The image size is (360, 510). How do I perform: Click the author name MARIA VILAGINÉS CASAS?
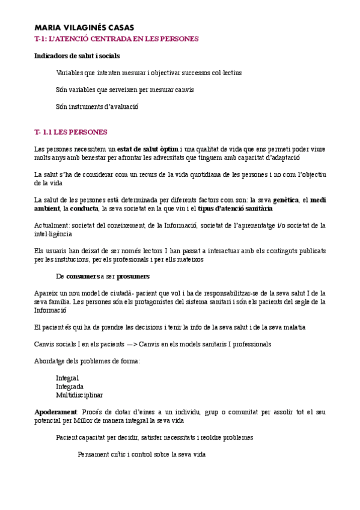(x=84, y=28)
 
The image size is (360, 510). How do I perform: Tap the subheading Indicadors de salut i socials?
(x=77, y=56)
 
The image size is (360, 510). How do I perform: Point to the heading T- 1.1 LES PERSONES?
(x=71, y=132)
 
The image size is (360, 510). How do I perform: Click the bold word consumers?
(x=83, y=276)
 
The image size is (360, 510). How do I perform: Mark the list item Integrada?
(x=70, y=386)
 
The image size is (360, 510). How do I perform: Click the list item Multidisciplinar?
(x=79, y=395)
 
